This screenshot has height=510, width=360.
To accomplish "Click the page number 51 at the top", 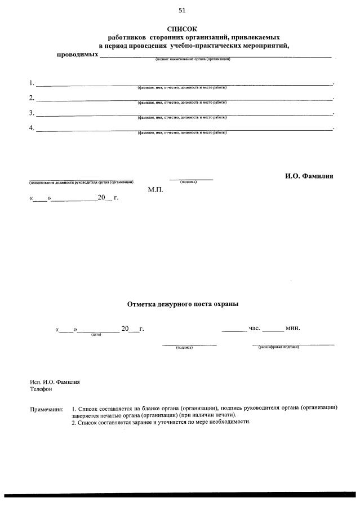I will [x=182, y=10].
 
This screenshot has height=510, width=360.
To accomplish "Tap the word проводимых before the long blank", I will [x=78, y=54].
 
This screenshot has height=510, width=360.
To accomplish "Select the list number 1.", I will [x=32, y=83].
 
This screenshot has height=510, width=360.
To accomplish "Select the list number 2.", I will [x=32, y=98].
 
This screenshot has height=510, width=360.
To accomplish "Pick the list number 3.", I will [x=32, y=113].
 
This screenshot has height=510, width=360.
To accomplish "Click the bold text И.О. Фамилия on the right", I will [x=309, y=176].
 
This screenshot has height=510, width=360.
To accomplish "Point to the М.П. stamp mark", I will [x=155, y=190].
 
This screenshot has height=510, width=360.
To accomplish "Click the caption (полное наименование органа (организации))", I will [x=193, y=59].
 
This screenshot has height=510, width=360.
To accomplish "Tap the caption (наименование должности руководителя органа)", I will [x=81, y=182].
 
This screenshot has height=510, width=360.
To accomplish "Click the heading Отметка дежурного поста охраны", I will [x=182, y=304].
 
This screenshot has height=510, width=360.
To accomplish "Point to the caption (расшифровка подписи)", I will [x=278, y=347].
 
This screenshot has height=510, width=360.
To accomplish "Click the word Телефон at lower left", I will [x=41, y=389].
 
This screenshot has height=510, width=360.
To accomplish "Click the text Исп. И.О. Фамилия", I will [x=55, y=382].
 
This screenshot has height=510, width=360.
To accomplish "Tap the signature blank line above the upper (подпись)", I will [x=191, y=179].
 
